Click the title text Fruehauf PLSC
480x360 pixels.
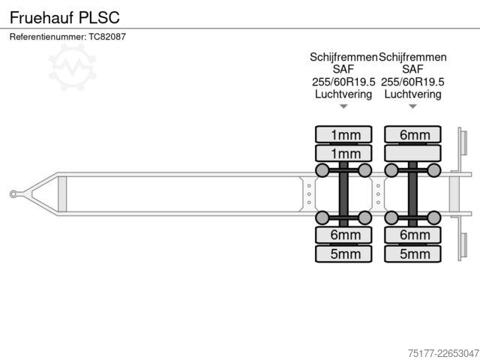(64, 17)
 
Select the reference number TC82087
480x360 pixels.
(107, 37)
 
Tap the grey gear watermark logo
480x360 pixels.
(72, 67)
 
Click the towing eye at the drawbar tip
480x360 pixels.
(13, 194)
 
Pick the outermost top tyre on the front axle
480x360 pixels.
(343, 134)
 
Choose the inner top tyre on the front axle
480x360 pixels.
(343, 153)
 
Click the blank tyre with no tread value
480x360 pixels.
(412, 153)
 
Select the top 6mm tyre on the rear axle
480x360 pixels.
(412, 134)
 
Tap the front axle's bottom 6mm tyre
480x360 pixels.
(343, 235)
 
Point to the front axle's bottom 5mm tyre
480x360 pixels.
(343, 253)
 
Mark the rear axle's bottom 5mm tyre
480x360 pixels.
(412, 253)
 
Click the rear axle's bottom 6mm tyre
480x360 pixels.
(412, 235)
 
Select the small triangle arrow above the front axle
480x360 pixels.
(343, 106)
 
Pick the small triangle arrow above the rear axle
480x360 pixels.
(412, 106)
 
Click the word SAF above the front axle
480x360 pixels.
(343, 69)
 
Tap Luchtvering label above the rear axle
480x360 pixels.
(412, 94)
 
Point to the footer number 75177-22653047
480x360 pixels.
(443, 353)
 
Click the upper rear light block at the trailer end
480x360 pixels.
(463, 142)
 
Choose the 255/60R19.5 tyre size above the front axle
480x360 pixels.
(343, 82)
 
